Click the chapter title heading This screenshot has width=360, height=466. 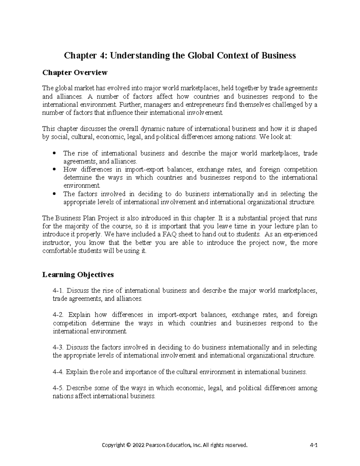click(180, 56)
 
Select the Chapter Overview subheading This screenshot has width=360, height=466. click(75, 73)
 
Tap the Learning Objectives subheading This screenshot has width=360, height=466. click(78, 274)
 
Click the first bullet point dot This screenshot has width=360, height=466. click(54, 153)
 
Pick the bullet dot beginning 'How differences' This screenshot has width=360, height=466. click(54, 170)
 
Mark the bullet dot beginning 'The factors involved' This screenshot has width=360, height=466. click(54, 194)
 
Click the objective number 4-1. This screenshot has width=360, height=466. click(58, 291)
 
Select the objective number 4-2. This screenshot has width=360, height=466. click(58, 315)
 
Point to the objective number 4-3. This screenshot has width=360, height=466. click(58, 347)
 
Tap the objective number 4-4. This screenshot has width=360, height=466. click(58, 372)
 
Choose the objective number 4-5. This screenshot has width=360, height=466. click(58, 388)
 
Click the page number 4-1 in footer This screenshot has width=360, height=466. click(313, 445)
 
